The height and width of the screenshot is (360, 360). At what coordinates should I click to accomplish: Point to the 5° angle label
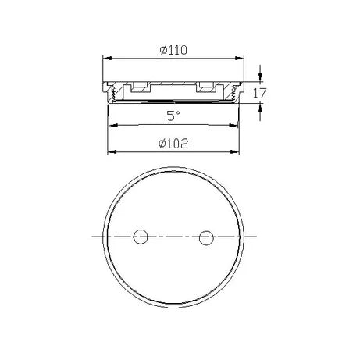point(174,116)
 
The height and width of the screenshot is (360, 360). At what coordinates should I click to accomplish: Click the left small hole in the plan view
point(141,236)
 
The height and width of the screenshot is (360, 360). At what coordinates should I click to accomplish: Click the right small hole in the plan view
point(207,236)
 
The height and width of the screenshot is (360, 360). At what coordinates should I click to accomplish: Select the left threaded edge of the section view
point(112,94)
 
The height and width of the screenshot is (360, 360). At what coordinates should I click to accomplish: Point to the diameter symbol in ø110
point(162,49)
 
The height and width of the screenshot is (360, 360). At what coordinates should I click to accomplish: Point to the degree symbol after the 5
point(179,113)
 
